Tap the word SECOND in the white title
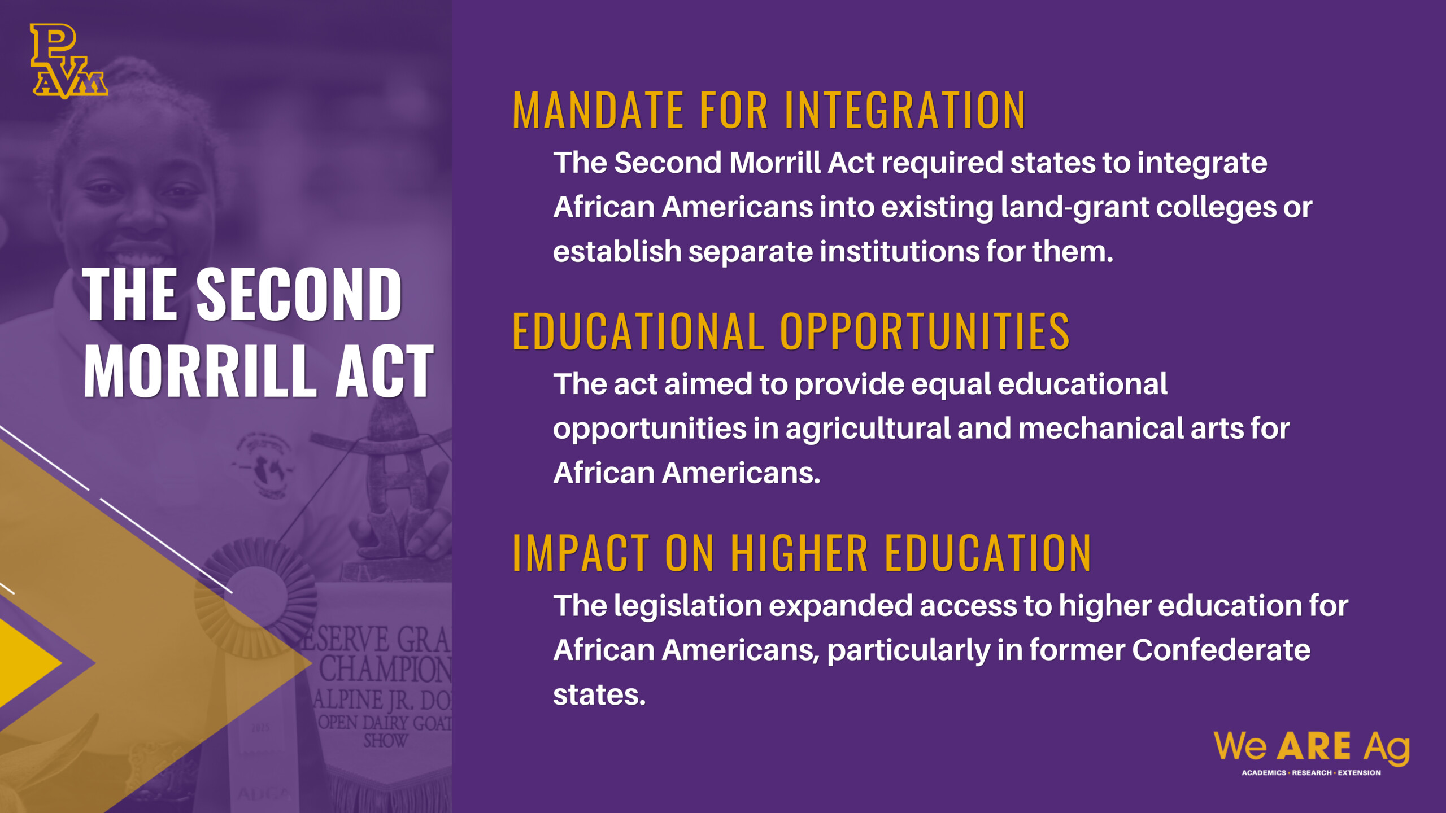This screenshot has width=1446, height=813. click(x=299, y=294)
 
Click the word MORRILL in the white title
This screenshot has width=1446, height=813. click(x=200, y=371)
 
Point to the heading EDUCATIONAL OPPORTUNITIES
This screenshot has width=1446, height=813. click(x=791, y=331)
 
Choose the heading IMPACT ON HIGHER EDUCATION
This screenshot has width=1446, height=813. click(x=802, y=553)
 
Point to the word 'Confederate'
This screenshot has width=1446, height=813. click(x=1221, y=650)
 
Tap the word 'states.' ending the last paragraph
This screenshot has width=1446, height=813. click(x=599, y=695)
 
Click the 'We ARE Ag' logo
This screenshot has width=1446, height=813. click(x=1312, y=749)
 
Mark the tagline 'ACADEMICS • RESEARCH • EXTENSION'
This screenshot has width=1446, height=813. click(x=1311, y=773)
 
